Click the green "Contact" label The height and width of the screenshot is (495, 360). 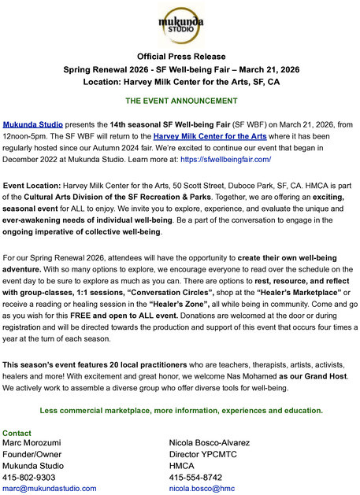point(17,434)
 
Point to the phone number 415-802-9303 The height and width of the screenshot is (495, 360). point(29,477)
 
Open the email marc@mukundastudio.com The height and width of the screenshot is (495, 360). point(49,488)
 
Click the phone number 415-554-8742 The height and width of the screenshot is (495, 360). point(195,477)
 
